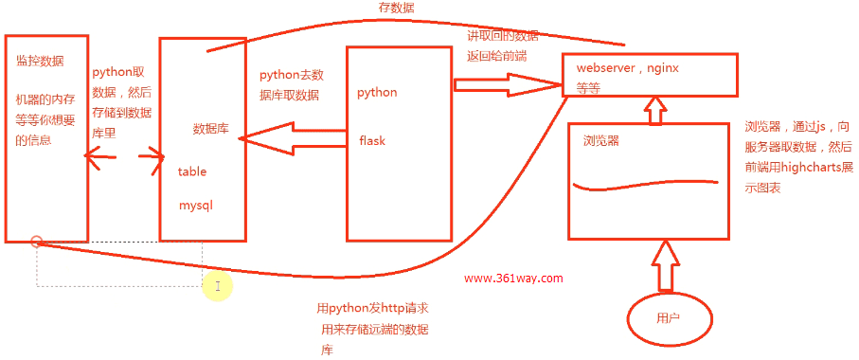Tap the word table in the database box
(x=192, y=171)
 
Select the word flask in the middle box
(x=372, y=140)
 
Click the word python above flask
(x=377, y=92)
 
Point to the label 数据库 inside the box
(x=209, y=129)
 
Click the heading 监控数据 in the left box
(x=40, y=61)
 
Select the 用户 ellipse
(x=668, y=318)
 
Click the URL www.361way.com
(x=513, y=279)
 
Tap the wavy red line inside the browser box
(x=644, y=184)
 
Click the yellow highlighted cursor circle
(x=217, y=285)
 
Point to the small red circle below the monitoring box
(x=36, y=242)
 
